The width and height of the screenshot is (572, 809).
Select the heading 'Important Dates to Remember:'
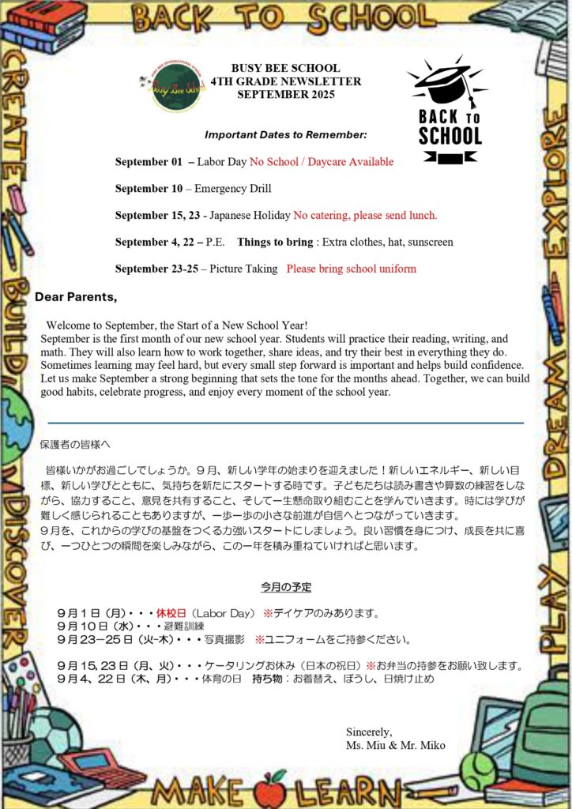tap(285, 135)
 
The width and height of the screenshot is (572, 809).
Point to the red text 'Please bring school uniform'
tap(351, 269)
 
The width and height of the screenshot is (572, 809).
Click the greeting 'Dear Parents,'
tap(76, 297)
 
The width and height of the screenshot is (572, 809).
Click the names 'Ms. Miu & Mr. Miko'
tap(395, 745)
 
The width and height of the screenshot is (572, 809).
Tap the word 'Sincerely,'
tap(369, 732)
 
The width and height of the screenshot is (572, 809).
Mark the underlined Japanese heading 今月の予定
tap(286, 587)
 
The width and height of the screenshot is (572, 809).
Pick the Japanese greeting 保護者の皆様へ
tap(75, 445)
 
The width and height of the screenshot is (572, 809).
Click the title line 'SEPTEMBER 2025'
tap(285, 95)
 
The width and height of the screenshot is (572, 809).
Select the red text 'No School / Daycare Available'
tap(322, 162)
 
